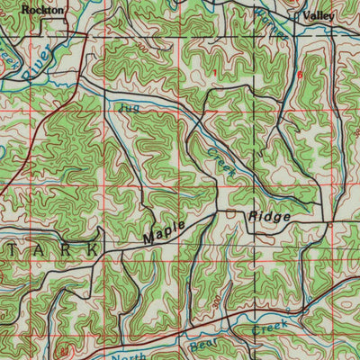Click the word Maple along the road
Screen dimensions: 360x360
tap(165, 231)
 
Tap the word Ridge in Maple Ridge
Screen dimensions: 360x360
tap(269, 217)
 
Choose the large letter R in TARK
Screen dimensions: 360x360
tap(64, 247)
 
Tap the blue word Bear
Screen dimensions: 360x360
tap(204, 340)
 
